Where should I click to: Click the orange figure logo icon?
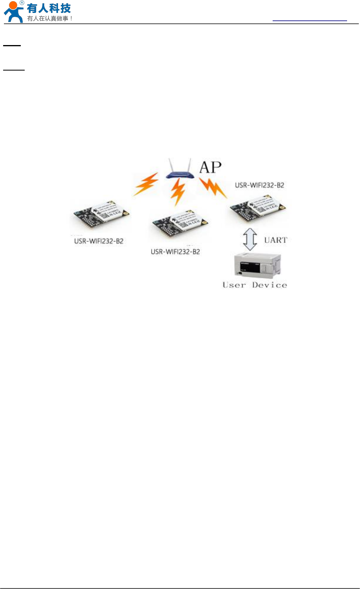point(13,12)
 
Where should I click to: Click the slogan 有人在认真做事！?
point(50,18)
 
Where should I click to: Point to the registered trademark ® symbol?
point(22,3)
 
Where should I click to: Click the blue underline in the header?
point(309,20)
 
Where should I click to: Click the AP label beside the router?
point(210,167)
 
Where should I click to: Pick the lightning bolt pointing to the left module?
point(146,184)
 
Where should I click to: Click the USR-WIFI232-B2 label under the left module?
point(99,241)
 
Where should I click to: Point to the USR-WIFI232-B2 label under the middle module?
point(175,252)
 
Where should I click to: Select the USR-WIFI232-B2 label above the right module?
point(259,185)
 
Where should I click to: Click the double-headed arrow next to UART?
point(250,240)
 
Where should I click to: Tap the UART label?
point(275,240)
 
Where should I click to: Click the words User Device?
point(255,285)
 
